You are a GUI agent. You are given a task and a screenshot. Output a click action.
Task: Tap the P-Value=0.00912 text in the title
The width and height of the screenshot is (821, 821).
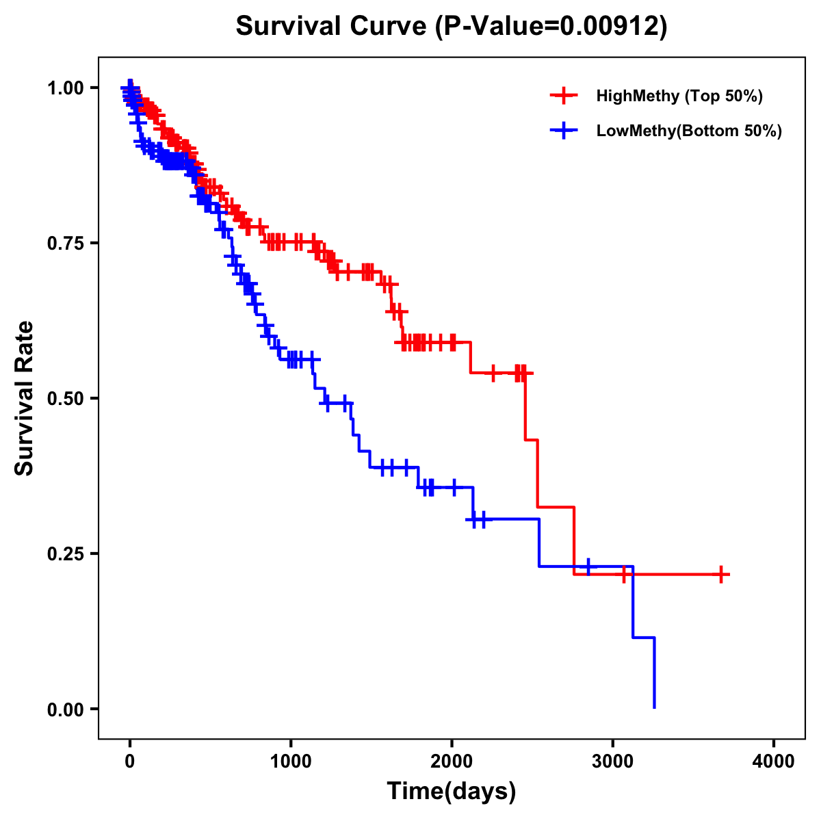point(553,27)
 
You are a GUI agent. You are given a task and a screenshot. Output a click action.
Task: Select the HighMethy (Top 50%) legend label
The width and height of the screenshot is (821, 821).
point(679,96)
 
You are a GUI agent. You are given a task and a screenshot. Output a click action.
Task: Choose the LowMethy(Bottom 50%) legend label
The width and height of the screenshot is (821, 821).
point(689,131)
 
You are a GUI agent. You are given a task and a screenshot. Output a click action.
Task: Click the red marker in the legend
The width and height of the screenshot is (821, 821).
point(564,96)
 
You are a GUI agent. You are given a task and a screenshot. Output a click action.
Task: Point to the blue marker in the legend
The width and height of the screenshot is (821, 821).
point(564,131)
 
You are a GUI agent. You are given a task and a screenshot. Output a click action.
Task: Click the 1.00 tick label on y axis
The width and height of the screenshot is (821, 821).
point(65,88)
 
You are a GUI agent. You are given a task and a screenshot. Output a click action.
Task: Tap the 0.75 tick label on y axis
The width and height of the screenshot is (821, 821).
point(65,243)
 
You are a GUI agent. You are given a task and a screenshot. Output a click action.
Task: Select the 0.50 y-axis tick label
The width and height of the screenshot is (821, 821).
point(65,398)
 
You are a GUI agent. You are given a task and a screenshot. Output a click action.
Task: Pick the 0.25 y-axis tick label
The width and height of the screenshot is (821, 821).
point(65,553)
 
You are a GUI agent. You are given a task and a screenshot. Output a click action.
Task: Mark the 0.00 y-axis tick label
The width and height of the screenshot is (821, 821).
point(65,709)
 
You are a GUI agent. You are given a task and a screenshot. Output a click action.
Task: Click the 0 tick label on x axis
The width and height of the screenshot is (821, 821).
point(130,761)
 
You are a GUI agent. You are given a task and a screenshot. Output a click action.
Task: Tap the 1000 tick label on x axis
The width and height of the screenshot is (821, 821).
point(291,761)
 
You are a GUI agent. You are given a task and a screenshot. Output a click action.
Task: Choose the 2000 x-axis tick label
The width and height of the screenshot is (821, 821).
point(452,761)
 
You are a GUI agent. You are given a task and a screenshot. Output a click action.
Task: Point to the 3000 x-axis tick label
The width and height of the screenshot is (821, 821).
point(613,761)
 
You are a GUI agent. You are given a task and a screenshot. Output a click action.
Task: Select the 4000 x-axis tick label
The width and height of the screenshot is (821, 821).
point(774,761)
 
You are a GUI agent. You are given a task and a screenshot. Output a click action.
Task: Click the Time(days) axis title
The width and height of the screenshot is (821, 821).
point(452,792)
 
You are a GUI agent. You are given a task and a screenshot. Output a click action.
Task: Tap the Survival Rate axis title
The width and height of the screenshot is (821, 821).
point(25,398)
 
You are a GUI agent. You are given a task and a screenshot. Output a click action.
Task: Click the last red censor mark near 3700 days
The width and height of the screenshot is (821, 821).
point(721,574)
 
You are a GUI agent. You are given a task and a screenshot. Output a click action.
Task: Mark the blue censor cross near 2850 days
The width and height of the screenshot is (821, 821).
point(588,566)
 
